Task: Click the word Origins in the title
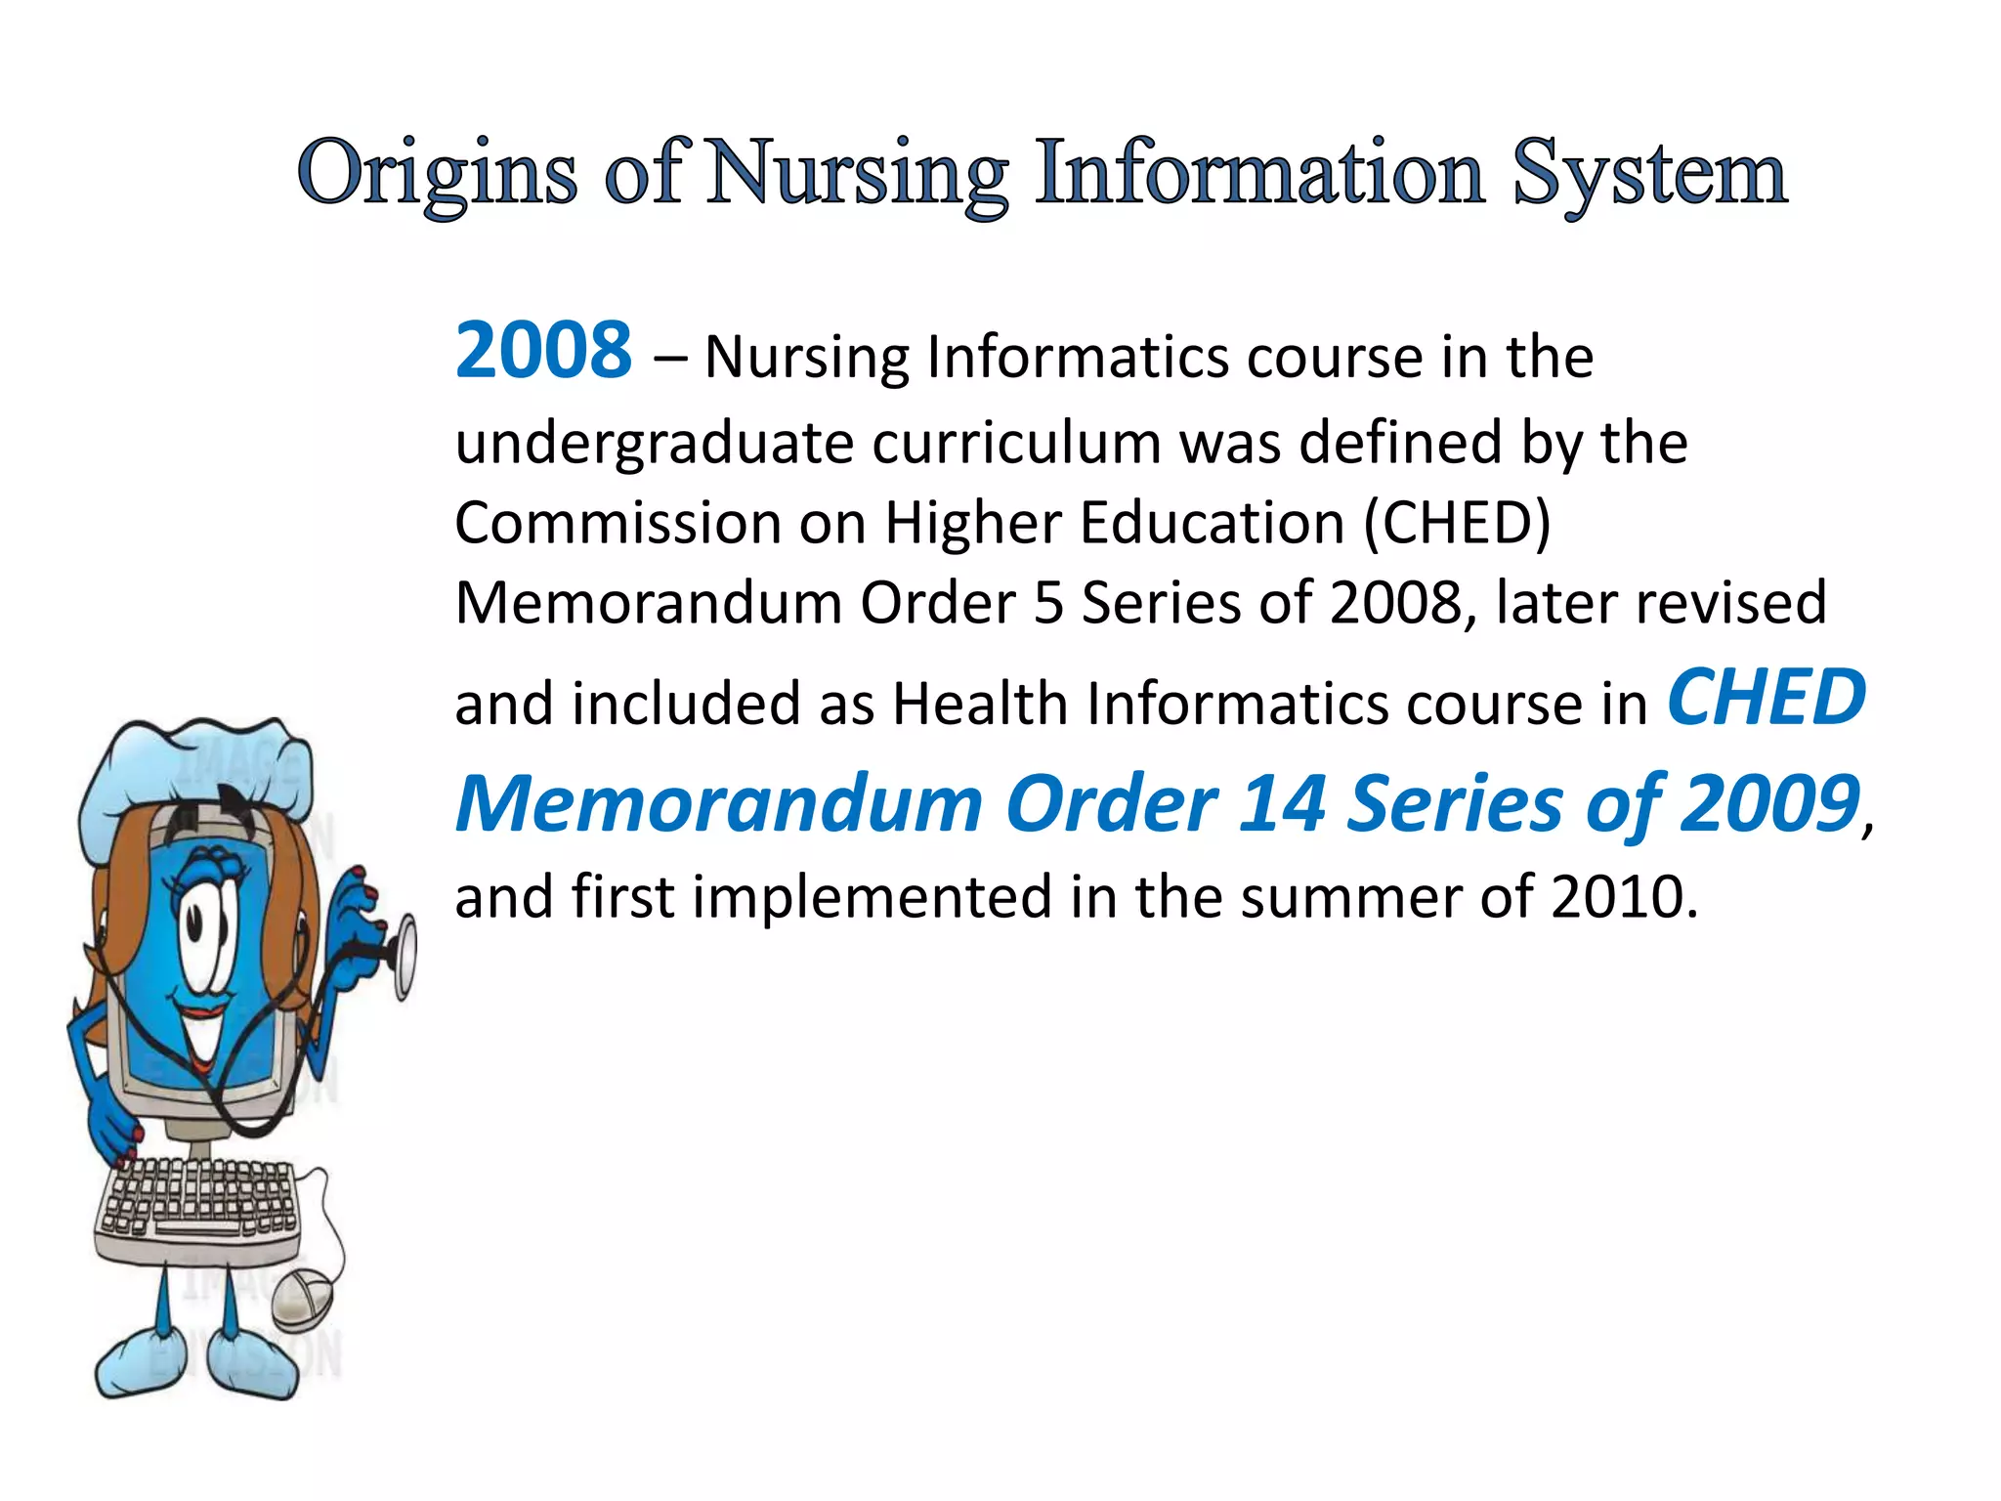point(437,174)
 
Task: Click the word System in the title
point(1650,174)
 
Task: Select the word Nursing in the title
point(857,174)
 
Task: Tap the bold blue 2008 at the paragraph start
point(544,351)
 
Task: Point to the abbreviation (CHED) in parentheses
point(1457,524)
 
